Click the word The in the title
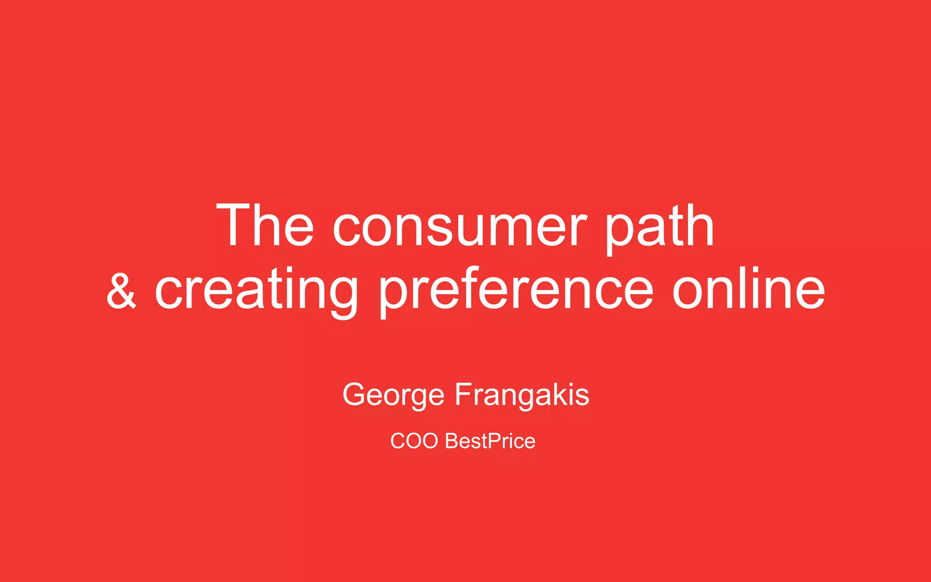[x=265, y=226]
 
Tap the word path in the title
[x=659, y=227]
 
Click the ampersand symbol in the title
[x=121, y=291]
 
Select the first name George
[x=393, y=395]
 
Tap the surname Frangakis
[x=522, y=395]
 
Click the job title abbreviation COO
[x=414, y=441]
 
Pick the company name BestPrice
[x=490, y=441]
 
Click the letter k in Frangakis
[x=556, y=394]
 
